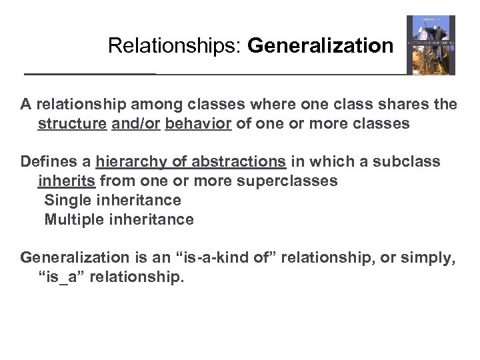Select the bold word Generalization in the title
point(321,46)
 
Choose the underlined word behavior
point(198,124)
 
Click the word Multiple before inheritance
point(71,219)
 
